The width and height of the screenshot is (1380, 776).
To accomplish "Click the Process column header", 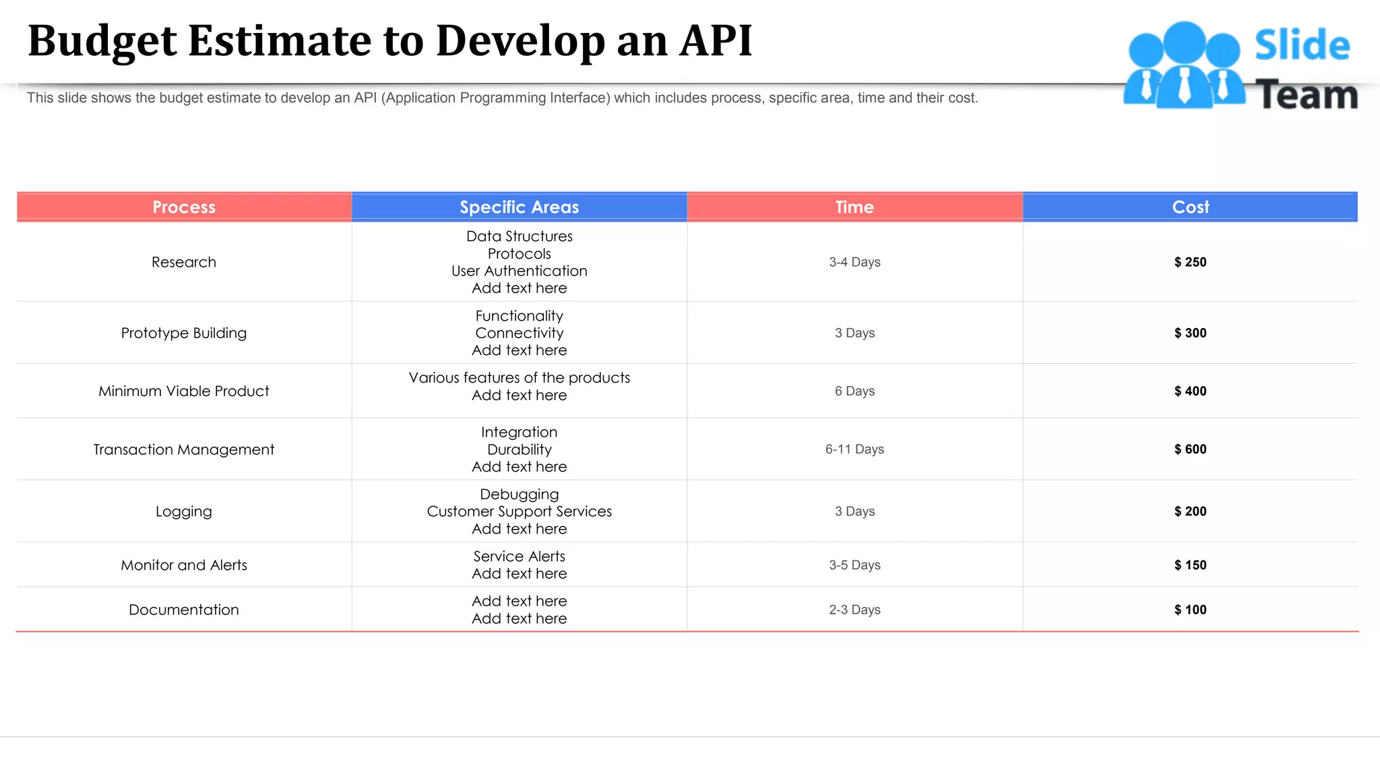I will coord(183,207).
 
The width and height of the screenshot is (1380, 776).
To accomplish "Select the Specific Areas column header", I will coord(519,207).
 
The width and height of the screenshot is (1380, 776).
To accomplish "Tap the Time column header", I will coord(854,207).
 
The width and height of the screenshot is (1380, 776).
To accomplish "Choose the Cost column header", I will coord(1190,207).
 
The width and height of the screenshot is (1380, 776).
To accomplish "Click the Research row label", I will coord(183,262).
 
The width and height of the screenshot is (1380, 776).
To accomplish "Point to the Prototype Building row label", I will coord(183,333).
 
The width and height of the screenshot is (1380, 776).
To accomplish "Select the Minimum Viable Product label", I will coord(183,391).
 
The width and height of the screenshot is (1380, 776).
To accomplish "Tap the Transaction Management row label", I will coord(183,449).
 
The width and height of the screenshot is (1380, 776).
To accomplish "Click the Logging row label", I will coord(183,511).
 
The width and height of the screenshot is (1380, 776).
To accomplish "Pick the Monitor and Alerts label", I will coord(183,565).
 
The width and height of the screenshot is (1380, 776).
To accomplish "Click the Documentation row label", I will coord(183,610).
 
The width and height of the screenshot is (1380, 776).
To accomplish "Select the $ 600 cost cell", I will coord(1190,449).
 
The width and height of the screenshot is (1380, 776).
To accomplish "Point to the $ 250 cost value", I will coord(1190,262).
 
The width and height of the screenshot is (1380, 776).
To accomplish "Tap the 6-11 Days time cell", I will coord(854,449).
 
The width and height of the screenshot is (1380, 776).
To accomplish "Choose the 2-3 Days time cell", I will coord(854,610).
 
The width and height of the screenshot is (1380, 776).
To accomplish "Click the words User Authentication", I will coord(519,271).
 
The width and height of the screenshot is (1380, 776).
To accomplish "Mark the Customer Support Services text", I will coord(519,511).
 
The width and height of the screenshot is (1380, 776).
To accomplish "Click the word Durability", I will coord(519,449).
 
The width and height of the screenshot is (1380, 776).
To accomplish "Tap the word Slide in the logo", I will coord(1302,45).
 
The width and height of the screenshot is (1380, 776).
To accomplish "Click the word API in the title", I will coord(716,40).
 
